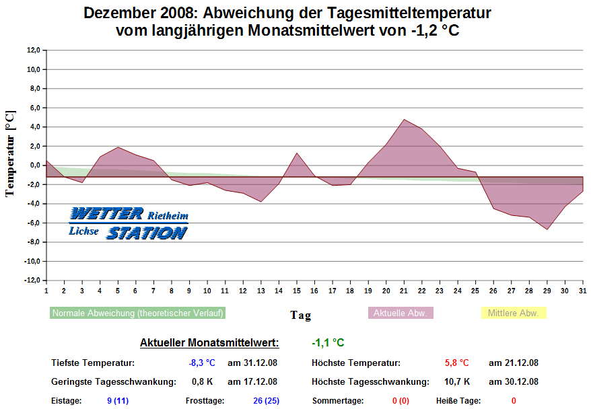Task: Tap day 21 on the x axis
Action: pyautogui.click(x=404, y=291)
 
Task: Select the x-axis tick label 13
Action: pyautogui.click(x=261, y=291)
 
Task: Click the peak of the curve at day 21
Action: pyautogui.click(x=404, y=120)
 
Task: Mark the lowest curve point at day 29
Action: pyautogui.click(x=547, y=229)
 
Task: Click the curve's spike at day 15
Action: pyautogui.click(x=297, y=153)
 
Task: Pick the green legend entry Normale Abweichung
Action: pyautogui.click(x=137, y=313)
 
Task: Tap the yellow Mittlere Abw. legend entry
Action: pyautogui.click(x=513, y=313)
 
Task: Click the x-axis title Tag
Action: pyautogui.click(x=300, y=315)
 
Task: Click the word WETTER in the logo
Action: pyautogui.click(x=106, y=214)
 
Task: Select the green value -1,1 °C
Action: pyautogui.click(x=328, y=343)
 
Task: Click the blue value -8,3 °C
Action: pyautogui.click(x=202, y=363)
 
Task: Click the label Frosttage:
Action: pyautogui.click(x=205, y=401)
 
